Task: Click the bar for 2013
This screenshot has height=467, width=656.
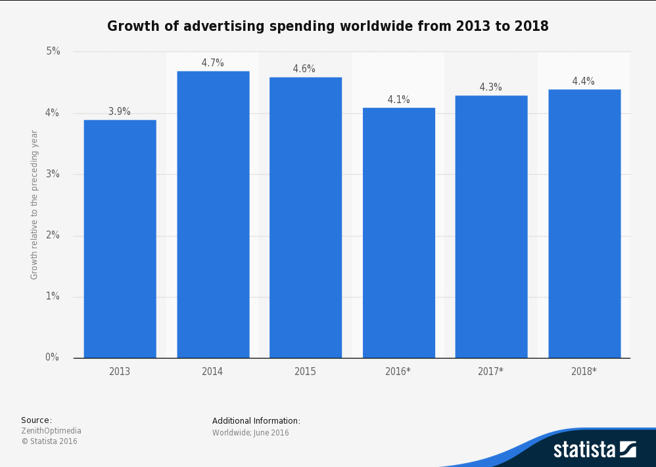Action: (x=120, y=238)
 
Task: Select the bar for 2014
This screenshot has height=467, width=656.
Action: (x=213, y=214)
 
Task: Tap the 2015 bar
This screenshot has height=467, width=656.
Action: (x=306, y=217)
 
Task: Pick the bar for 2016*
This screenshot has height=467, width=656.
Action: (x=398, y=233)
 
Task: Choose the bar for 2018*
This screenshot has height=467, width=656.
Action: (x=584, y=223)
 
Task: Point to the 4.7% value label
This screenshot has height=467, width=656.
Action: (x=213, y=63)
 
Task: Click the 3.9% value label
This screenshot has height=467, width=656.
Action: (x=120, y=112)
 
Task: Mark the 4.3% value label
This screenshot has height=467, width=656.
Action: (x=491, y=87)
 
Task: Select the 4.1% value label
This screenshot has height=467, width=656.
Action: (x=398, y=100)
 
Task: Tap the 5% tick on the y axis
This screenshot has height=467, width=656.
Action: (x=52, y=51)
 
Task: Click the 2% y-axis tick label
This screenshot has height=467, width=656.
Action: (x=52, y=235)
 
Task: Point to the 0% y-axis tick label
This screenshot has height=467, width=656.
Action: (x=52, y=357)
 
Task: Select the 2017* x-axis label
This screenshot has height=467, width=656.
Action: (x=491, y=372)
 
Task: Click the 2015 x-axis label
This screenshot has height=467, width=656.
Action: (x=306, y=372)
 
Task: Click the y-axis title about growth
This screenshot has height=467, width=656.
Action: (x=35, y=204)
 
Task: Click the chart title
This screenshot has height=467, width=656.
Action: (x=328, y=26)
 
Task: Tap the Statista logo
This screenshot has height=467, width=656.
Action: (x=594, y=449)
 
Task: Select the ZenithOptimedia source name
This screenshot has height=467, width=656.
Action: (x=51, y=431)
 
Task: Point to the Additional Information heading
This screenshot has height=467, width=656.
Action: (x=256, y=421)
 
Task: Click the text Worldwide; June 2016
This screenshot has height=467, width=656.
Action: (x=250, y=433)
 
